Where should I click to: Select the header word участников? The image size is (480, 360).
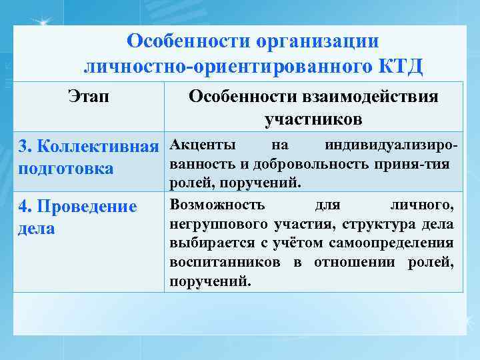(x=313, y=119)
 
